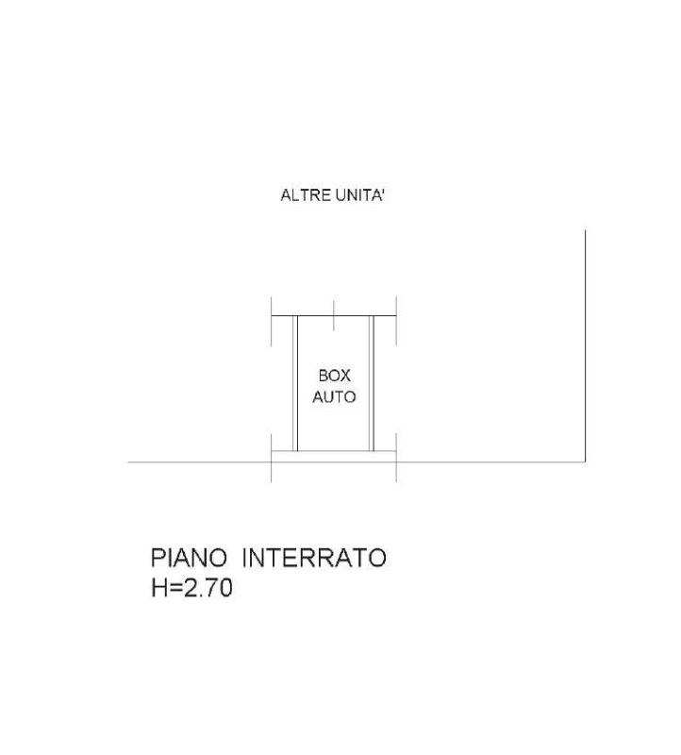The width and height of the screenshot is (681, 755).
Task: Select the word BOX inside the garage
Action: click(335, 376)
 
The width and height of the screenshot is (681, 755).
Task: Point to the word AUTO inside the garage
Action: click(335, 396)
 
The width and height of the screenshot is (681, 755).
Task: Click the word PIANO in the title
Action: click(189, 558)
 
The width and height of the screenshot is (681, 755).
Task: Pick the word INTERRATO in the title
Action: click(314, 558)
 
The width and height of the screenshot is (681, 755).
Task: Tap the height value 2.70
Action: click(208, 588)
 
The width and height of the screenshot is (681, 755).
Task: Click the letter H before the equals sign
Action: click(158, 588)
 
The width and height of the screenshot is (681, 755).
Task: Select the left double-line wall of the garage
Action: click(295, 384)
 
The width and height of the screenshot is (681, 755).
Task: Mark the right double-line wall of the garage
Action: click(371, 384)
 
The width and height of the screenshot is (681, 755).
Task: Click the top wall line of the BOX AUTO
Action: click(334, 316)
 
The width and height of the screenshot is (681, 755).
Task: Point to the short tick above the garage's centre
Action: click(334, 316)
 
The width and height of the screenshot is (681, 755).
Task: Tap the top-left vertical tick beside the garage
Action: click(272, 321)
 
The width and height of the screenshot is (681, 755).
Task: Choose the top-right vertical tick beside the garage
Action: click(396, 321)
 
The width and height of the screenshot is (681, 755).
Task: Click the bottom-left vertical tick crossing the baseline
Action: click(272, 458)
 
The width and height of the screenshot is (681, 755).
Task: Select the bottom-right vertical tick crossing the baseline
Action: click(396, 458)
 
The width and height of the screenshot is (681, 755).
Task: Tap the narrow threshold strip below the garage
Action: click(334, 457)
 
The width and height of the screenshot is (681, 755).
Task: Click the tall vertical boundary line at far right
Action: click(585, 345)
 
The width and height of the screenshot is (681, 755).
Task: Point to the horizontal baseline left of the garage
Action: click(199, 462)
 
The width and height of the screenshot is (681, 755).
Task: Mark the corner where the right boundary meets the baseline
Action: click(585, 462)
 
